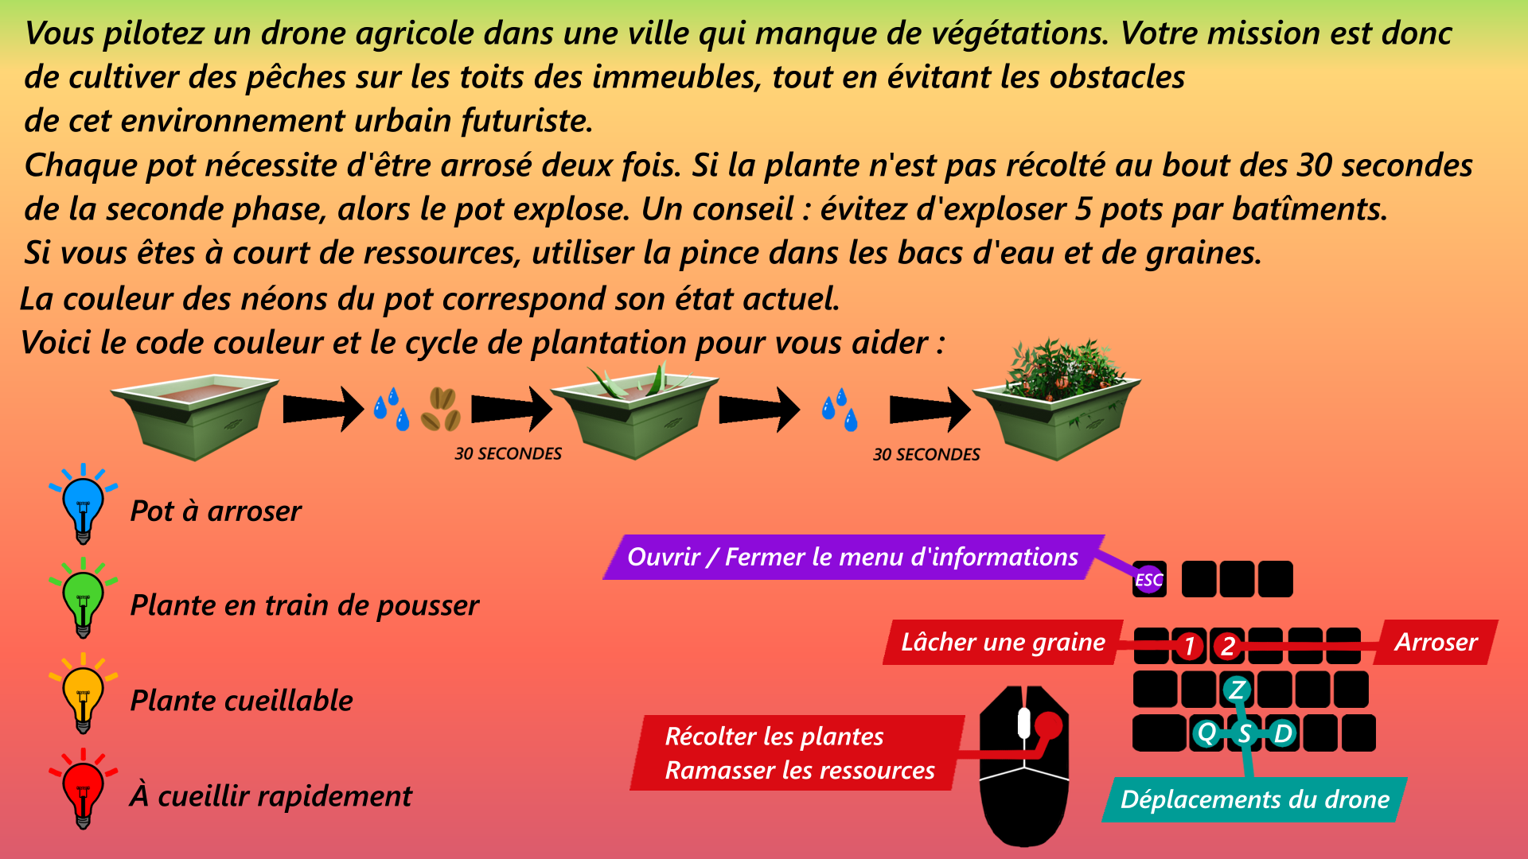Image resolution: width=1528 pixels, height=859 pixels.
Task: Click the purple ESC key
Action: pyautogui.click(x=1149, y=580)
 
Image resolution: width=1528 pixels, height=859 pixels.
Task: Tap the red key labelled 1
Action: pyautogui.click(x=1189, y=646)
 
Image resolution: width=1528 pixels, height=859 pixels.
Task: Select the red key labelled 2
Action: pyautogui.click(x=1228, y=646)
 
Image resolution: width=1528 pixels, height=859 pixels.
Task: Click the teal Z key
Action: pyautogui.click(x=1237, y=690)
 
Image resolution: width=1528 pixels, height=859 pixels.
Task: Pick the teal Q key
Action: pyautogui.click(x=1206, y=733)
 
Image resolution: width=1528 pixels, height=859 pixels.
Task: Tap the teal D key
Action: pyautogui.click(x=1283, y=733)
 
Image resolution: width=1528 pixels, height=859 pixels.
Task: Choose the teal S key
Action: pyautogui.click(x=1245, y=733)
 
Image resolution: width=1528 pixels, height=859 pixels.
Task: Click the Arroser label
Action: pyautogui.click(x=1436, y=642)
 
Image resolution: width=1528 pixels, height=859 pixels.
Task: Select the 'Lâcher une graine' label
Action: pyautogui.click(x=1003, y=642)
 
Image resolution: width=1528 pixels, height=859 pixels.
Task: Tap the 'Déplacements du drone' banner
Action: pyautogui.click(x=1254, y=799)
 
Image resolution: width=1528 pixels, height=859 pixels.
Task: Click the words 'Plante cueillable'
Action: pyautogui.click(x=241, y=701)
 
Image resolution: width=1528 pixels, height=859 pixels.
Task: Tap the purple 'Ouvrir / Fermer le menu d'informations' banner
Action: pyautogui.click(x=852, y=557)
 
